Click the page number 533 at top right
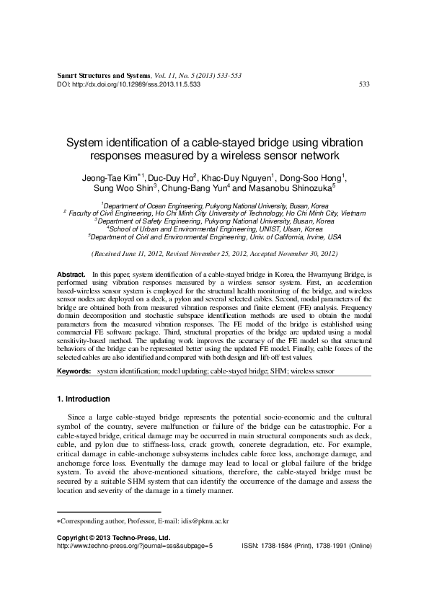(x=364, y=84)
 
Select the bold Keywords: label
(x=74, y=371)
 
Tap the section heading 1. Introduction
(x=83, y=399)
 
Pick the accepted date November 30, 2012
(x=302, y=254)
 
